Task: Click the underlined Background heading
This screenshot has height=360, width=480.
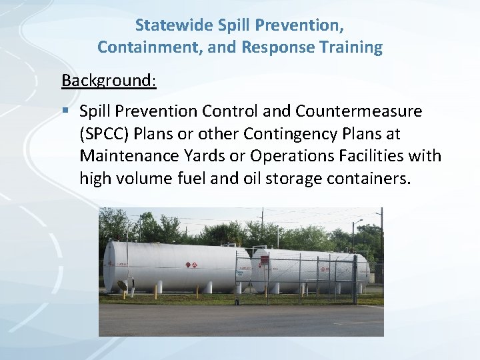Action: [109, 81]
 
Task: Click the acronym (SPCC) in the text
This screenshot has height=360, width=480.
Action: [105, 133]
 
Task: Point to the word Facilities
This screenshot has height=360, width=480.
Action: [374, 156]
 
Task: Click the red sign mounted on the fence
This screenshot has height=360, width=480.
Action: [264, 260]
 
